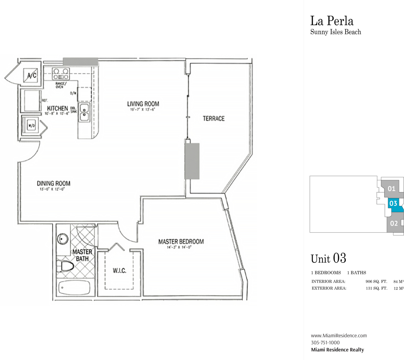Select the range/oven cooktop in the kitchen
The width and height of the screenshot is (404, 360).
tap(61, 74)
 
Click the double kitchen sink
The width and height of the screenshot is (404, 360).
tap(84, 112)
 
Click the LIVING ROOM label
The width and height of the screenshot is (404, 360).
tap(143, 104)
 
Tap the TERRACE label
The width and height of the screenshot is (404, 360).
tap(213, 119)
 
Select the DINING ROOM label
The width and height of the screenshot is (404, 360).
tap(53, 183)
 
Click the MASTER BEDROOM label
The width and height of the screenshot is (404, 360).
tap(181, 242)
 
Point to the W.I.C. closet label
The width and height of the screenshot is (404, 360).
tap(120, 271)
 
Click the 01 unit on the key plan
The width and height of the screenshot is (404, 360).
tap(392, 188)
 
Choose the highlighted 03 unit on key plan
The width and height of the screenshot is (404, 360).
tap(393, 203)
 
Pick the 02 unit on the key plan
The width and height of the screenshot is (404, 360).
tap(394, 223)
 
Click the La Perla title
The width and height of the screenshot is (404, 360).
tap(332, 21)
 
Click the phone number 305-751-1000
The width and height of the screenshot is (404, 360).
tap(325, 342)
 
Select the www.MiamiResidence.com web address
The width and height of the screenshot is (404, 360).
tap(339, 335)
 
